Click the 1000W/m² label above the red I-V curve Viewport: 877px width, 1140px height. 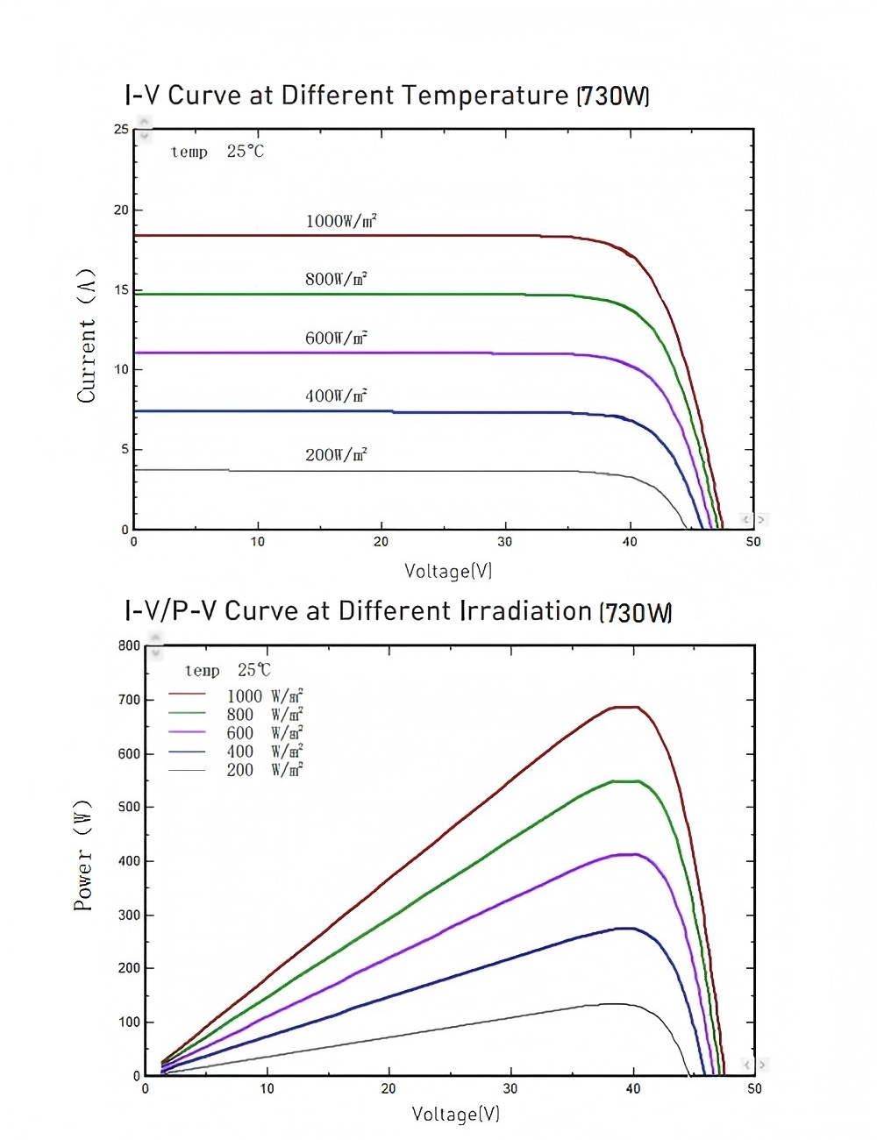341,221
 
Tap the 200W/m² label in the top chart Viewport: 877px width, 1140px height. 336,455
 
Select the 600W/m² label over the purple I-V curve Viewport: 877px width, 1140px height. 336,338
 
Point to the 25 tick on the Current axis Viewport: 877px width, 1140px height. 121,130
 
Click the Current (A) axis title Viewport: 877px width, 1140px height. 86,336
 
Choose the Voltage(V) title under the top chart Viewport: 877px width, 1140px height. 448,571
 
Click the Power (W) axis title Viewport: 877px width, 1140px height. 82,855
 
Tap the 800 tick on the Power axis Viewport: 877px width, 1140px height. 129,646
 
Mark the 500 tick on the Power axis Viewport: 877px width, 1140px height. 129,807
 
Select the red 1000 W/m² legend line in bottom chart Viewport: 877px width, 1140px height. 187,696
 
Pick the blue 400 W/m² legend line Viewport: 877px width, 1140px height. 187,752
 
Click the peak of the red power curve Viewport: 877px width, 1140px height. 625,707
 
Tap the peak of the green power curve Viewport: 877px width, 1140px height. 625,780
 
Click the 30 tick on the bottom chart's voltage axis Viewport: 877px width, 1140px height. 510,1089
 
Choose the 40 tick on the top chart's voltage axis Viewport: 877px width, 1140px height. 630,542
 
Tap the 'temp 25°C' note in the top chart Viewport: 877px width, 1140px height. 217,152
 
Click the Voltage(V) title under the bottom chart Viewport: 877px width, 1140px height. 456,1115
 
